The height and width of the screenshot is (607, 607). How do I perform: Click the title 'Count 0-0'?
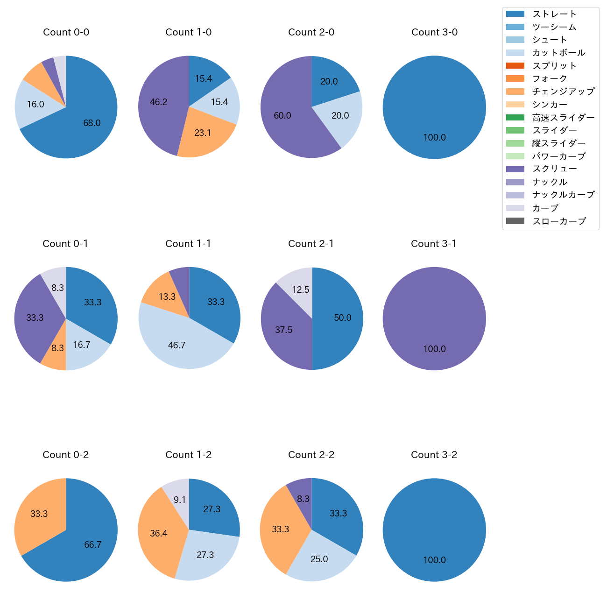pos(66,32)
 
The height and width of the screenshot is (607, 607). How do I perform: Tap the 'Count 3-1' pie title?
pos(434,244)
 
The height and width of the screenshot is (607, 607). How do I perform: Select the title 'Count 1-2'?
pos(189,455)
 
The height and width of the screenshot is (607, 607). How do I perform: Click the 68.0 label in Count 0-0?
pos(92,123)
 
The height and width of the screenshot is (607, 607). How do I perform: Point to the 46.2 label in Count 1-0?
pos(159,102)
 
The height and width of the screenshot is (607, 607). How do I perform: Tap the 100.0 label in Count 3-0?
pos(435,138)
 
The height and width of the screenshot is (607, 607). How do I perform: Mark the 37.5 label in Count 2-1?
pos(284,330)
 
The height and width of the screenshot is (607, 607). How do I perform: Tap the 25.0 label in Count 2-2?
pos(319,559)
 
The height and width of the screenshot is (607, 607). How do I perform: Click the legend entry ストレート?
pos(554,14)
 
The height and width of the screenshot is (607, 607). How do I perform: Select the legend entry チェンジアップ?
pos(563,92)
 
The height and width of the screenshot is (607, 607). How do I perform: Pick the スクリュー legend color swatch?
pos(515,169)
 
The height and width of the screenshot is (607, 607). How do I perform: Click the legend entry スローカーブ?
pos(559,221)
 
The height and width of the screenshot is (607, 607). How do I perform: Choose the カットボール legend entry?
pos(558,53)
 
